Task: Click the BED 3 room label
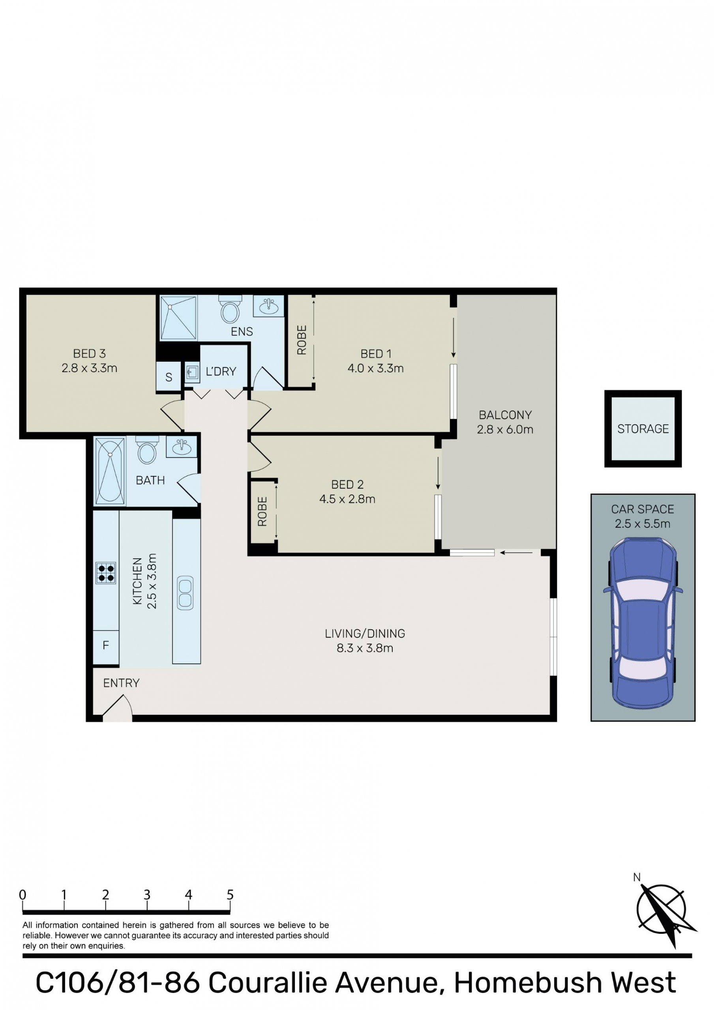[89, 353]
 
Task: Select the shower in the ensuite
[178, 318]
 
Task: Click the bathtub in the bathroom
[110, 471]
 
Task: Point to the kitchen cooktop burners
[106, 573]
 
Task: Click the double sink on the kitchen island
[186, 593]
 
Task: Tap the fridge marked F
[106, 645]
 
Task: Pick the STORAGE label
[643, 429]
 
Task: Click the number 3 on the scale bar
[147, 895]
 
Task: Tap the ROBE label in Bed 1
[302, 340]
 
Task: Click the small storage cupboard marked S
[169, 376]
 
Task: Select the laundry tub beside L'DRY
[192, 374]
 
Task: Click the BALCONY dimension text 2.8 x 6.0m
[505, 430]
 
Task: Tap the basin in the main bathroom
[181, 447]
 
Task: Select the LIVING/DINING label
[365, 634]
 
